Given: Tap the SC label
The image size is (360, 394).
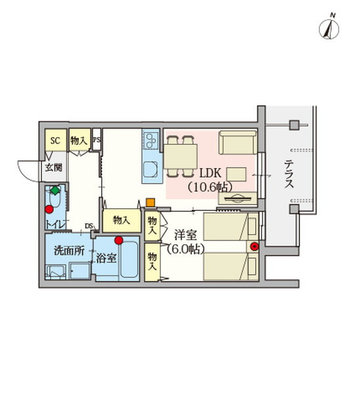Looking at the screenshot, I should [55, 140].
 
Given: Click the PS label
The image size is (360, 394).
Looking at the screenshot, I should [97, 140].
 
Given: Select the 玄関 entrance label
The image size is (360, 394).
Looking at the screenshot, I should [53, 168].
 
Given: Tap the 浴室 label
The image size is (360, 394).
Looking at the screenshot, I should [106, 257].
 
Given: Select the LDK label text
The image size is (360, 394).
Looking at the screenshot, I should [210, 174].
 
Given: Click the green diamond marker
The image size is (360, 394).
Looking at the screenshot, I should [55, 191].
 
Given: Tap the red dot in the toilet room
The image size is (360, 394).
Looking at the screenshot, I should [49, 210].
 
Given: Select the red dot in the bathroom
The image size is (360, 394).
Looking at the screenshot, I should [118, 240].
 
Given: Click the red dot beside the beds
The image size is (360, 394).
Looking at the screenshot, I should [254, 246].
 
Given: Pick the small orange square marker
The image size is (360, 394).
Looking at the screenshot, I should [150, 203].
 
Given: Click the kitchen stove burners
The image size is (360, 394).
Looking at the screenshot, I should [150, 140].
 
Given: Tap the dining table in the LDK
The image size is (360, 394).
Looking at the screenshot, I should [181, 157].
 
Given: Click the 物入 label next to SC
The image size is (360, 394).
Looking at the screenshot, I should [79, 140].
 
